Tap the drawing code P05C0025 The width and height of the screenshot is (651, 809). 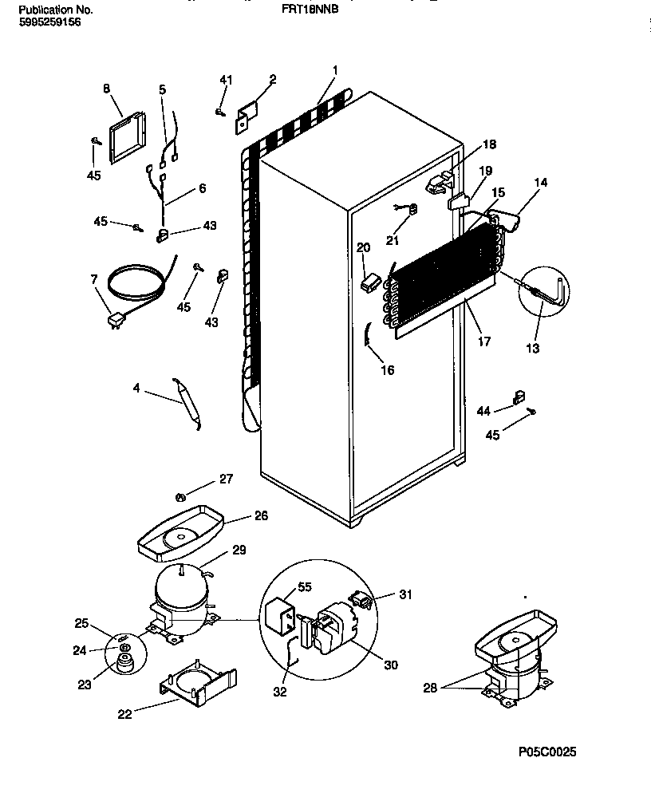click(546, 752)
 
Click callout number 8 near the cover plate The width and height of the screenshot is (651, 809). click(106, 89)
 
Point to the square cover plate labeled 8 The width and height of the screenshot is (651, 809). click(128, 136)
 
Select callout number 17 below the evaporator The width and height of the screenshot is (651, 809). click(484, 341)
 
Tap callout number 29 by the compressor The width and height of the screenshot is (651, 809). click(239, 551)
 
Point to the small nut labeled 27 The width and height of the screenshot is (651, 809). click(181, 498)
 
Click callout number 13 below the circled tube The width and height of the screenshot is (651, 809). click(533, 348)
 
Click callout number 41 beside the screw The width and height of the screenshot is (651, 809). click(226, 80)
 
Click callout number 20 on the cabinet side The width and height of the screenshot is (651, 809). click(364, 247)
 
